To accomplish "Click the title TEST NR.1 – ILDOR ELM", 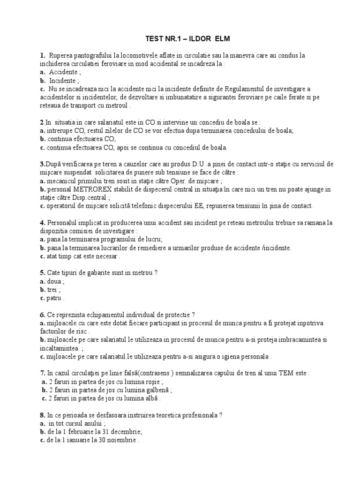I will click(180, 38).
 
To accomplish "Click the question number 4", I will click(42, 223).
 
